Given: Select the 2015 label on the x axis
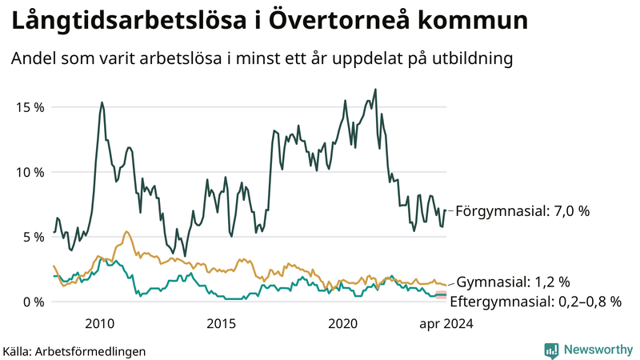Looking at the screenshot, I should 222,324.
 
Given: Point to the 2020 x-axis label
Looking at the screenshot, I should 343,324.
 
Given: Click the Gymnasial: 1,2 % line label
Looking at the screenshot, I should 513,282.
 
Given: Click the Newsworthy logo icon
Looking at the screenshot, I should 551,350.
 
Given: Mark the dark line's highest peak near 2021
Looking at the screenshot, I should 375,90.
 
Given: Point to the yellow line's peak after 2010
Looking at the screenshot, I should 126,232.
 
